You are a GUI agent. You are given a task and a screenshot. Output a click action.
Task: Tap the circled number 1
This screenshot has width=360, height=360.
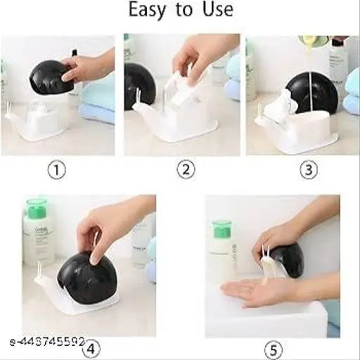pos(58,169)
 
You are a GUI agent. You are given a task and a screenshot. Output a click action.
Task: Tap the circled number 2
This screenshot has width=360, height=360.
pos(186,169)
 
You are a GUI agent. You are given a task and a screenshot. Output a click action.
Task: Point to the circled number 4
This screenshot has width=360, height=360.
pos(91,347)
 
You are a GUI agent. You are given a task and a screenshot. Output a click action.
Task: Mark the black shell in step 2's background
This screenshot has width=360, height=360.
pos(139,84)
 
